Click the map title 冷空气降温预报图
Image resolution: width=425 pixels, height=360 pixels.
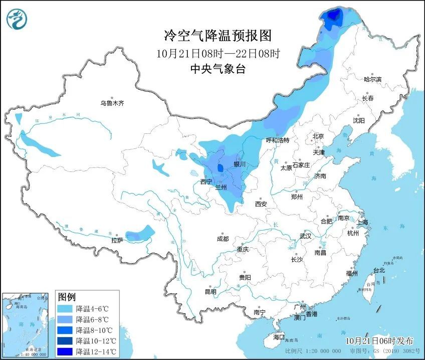(x=218, y=36)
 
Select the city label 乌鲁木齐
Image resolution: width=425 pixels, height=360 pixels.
(x=111, y=103)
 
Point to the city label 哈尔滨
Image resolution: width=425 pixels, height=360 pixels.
(x=372, y=79)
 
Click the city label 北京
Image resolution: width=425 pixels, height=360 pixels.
(x=318, y=136)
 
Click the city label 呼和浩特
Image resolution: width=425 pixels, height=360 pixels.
(x=277, y=140)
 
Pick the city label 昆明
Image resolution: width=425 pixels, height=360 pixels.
(x=210, y=292)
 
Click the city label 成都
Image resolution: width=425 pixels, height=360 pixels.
(x=223, y=239)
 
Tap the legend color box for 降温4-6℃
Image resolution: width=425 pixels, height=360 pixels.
(x=65, y=308)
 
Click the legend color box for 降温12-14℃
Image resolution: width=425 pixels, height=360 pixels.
(x=65, y=352)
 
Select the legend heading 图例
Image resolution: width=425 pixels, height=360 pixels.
(x=66, y=296)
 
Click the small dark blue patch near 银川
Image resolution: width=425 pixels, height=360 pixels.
(x=220, y=167)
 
